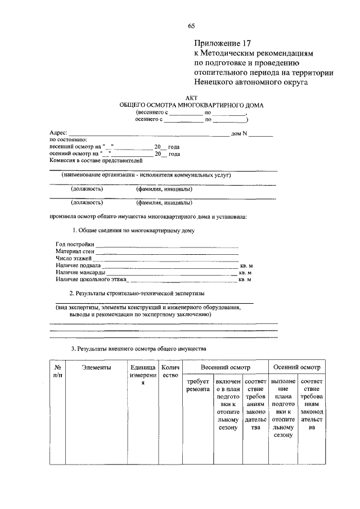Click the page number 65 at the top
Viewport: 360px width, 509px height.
point(191,26)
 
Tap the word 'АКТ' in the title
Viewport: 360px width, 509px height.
point(192,98)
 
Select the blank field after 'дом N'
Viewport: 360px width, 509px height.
point(262,134)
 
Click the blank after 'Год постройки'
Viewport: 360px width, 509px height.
point(166,245)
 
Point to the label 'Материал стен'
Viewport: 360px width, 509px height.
point(74,251)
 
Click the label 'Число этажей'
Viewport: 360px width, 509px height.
point(73,258)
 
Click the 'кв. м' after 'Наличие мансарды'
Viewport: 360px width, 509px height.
point(245,272)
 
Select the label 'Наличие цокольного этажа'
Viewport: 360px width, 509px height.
point(91,279)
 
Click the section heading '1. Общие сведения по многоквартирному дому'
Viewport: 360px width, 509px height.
point(133,231)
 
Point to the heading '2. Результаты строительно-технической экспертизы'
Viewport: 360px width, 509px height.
point(137,294)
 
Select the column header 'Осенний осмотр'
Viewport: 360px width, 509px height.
point(296,368)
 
